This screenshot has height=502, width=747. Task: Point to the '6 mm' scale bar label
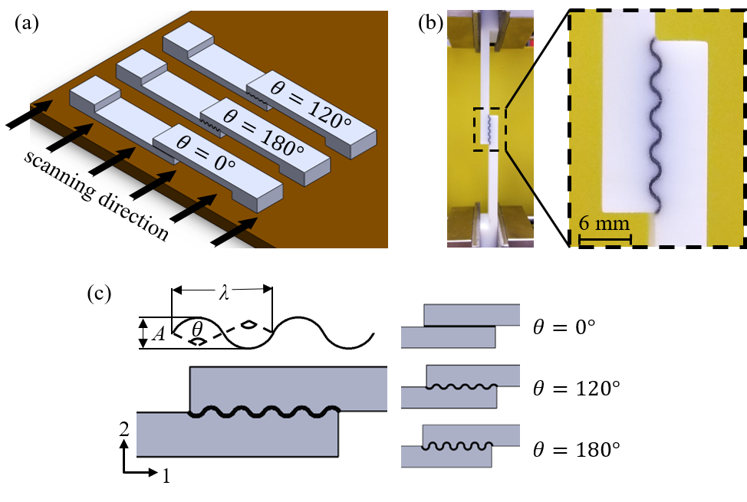pos(604,225)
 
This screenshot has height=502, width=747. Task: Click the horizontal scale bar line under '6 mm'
pos(604,238)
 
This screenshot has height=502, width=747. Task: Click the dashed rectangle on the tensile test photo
pos(489,129)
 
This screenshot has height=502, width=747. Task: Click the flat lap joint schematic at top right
pos(460,326)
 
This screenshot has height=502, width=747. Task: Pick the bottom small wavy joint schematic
pos(460,447)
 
